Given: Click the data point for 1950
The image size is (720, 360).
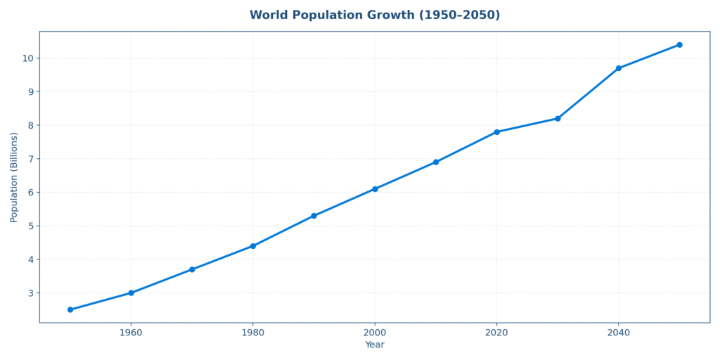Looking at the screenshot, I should pyautogui.click(x=70, y=309).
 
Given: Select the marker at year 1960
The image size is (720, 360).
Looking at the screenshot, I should pyautogui.click(x=131, y=292).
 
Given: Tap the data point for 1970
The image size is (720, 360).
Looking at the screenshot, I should pyautogui.click(x=192, y=269).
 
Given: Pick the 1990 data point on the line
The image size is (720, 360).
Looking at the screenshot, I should pyautogui.click(x=314, y=216).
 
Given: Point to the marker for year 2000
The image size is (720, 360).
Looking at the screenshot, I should pyautogui.click(x=375, y=189).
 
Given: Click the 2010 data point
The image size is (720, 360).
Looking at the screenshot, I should pyautogui.click(x=436, y=162).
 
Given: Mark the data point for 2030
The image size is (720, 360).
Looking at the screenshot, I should pyautogui.click(x=558, y=118).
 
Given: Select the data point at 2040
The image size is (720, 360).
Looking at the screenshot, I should pyautogui.click(x=619, y=68).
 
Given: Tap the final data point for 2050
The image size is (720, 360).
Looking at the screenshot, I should pyautogui.click(x=679, y=45).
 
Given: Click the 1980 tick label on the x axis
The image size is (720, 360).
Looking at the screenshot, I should pyautogui.click(x=253, y=332).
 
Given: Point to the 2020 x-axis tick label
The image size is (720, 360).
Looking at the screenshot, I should pyautogui.click(x=496, y=332).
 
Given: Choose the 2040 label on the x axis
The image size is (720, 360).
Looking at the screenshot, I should pyautogui.click(x=619, y=332).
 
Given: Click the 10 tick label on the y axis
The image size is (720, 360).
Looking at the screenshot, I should pyautogui.click(x=28, y=58).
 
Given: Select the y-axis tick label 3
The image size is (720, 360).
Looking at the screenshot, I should pyautogui.click(x=31, y=293).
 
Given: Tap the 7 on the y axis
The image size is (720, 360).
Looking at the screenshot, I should pyautogui.click(x=31, y=159).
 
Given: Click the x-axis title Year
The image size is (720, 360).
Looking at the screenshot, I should pyautogui.click(x=375, y=345).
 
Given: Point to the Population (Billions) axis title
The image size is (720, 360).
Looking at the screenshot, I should pyautogui.click(x=14, y=177).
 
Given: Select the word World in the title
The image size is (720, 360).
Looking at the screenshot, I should pyautogui.click(x=270, y=15).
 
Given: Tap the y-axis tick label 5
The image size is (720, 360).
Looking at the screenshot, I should pyautogui.click(x=31, y=226).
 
